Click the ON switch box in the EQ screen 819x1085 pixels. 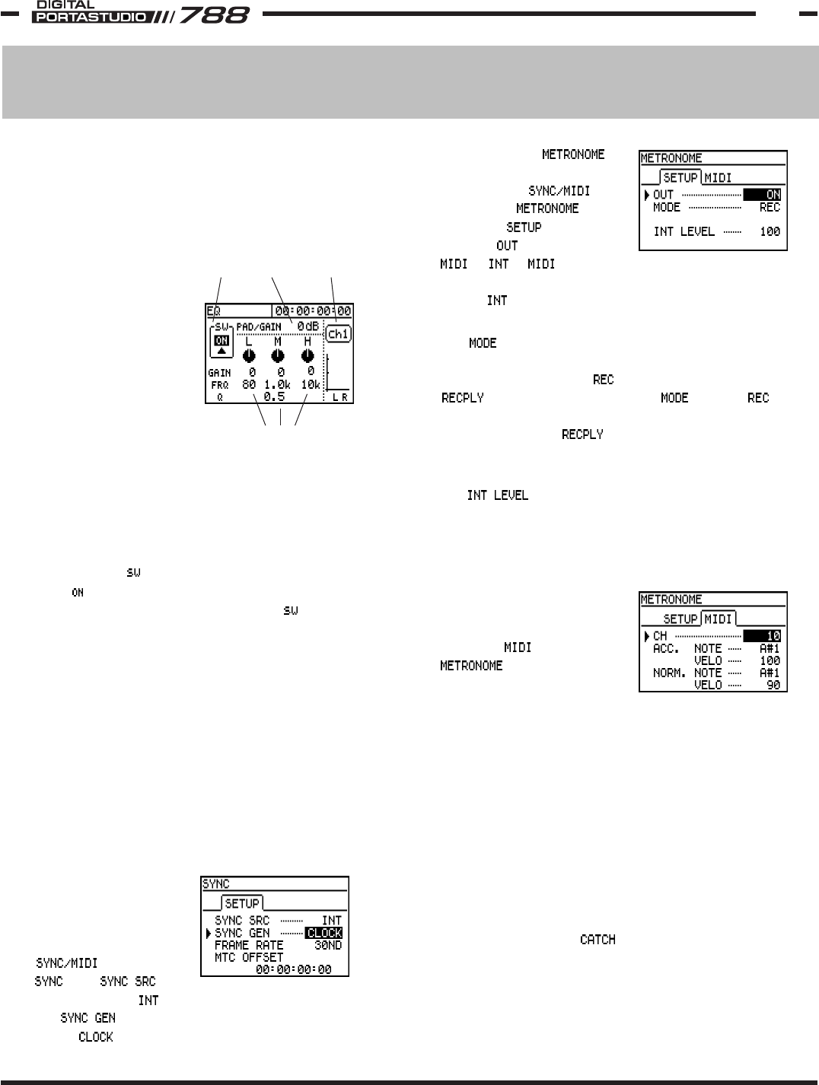pos(221,341)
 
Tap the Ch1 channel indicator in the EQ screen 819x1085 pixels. pos(337,333)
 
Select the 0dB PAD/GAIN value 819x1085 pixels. pos(308,326)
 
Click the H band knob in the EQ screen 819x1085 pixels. pos(308,355)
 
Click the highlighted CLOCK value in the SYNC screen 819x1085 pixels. pos(323,933)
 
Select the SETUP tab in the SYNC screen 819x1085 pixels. pos(242,904)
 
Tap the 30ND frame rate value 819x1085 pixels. pos(328,945)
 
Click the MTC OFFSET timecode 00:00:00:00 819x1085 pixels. pos(293,969)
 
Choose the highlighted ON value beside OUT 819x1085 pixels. pos(763,195)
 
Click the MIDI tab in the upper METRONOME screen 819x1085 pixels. pos(719,178)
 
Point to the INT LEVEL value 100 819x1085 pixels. pos(770,231)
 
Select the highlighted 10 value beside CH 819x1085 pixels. pos(763,636)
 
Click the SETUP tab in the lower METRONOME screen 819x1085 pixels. pos(680,619)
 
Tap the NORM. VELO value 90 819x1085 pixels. pos(772,685)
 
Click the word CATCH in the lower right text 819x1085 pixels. pos(598,940)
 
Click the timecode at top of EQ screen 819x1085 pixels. pos(313,310)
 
